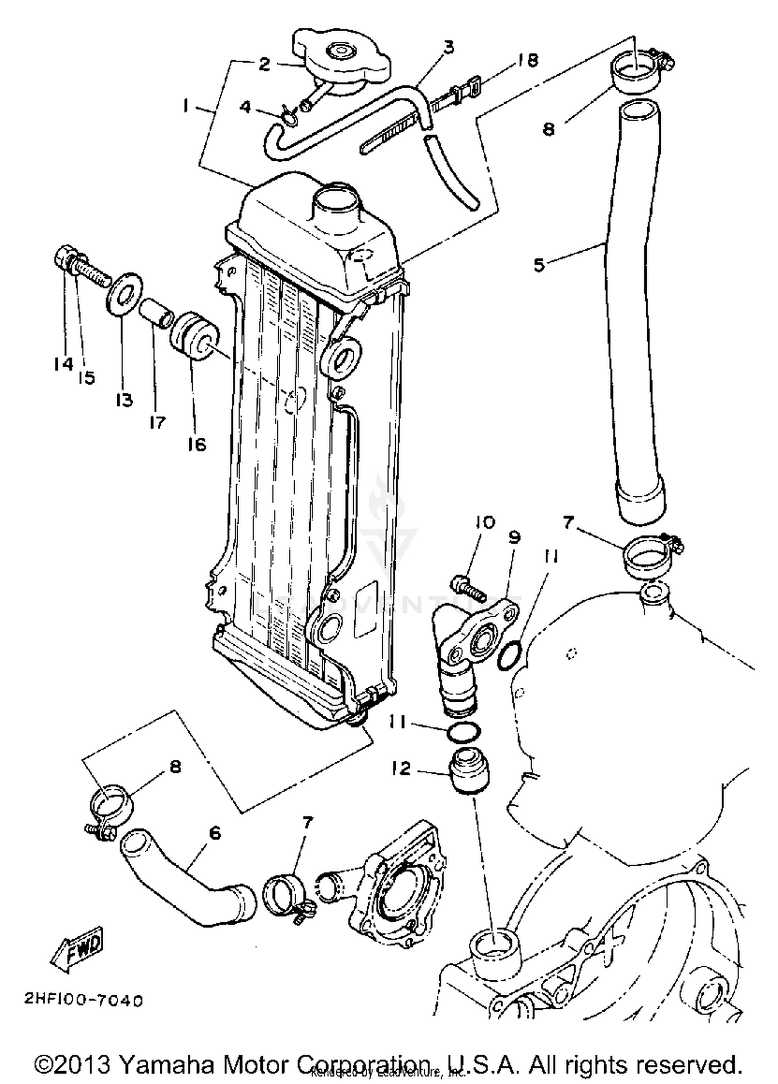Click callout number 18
click(527, 60)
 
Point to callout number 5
click(539, 265)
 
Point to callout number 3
click(449, 47)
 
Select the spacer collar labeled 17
click(156, 313)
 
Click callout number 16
click(197, 444)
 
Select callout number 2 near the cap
click(264, 64)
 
